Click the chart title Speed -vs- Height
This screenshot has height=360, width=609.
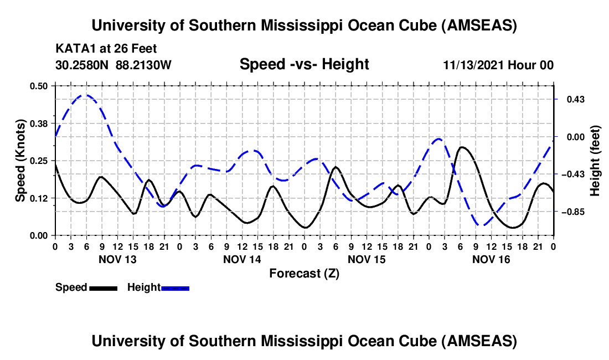pyautogui.click(x=304, y=64)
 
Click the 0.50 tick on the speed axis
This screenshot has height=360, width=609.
pyautogui.click(x=40, y=86)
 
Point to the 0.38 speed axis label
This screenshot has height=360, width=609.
pyautogui.click(x=40, y=123)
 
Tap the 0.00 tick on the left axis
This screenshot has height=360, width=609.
pyautogui.click(x=40, y=235)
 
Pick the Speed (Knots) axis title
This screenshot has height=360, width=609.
pyautogui.click(x=20, y=161)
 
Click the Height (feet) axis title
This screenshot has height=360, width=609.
pyautogui.click(x=595, y=161)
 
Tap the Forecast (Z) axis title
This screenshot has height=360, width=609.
pyautogui.click(x=304, y=273)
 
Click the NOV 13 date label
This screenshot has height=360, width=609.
pyautogui.click(x=117, y=259)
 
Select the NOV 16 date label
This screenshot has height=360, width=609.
pyautogui.click(x=491, y=259)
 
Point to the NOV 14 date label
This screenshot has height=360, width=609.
pyautogui.click(x=242, y=259)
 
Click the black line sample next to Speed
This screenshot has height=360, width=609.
pyautogui.click(x=103, y=287)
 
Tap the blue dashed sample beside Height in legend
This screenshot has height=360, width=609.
pyautogui.click(x=176, y=287)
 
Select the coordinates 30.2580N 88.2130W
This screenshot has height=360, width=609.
pyautogui.click(x=113, y=65)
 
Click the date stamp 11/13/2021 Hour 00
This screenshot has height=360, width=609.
pyautogui.click(x=498, y=65)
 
